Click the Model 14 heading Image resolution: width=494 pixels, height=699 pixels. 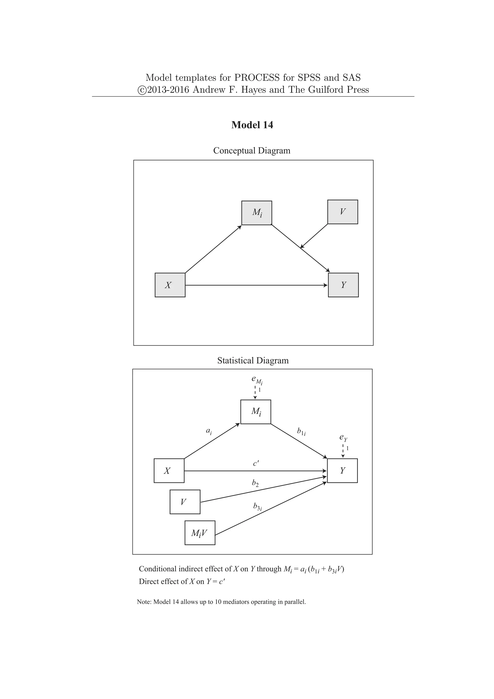pyautogui.click(x=252, y=125)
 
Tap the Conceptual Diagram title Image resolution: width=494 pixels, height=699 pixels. pyautogui.click(x=252, y=151)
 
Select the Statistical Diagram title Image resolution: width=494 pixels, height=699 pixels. pyautogui.click(x=253, y=361)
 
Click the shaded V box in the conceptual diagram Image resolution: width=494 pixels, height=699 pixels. pyautogui.click(x=343, y=212)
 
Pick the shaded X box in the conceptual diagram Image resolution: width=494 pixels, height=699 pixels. pyautogui.click(x=170, y=285)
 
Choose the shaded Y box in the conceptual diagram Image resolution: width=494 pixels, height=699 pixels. pyautogui.click(x=343, y=285)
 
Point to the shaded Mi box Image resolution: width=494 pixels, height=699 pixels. pyautogui.click(x=257, y=213)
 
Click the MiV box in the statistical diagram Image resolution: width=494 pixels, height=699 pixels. pyautogui.click(x=200, y=533)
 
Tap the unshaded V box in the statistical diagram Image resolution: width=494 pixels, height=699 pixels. pyautogui.click(x=185, y=502)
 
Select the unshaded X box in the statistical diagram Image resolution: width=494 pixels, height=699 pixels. pyautogui.click(x=169, y=471)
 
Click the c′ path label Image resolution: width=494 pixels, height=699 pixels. pyautogui.click(x=256, y=463)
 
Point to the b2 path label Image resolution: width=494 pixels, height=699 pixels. pyautogui.click(x=255, y=483)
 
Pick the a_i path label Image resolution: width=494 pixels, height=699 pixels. pyautogui.click(x=209, y=431)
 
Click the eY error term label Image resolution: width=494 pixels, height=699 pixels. pyautogui.click(x=343, y=438)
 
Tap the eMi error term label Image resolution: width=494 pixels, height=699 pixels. pyautogui.click(x=256, y=379)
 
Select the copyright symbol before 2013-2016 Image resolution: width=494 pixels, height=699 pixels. pyautogui.click(x=142, y=90)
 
